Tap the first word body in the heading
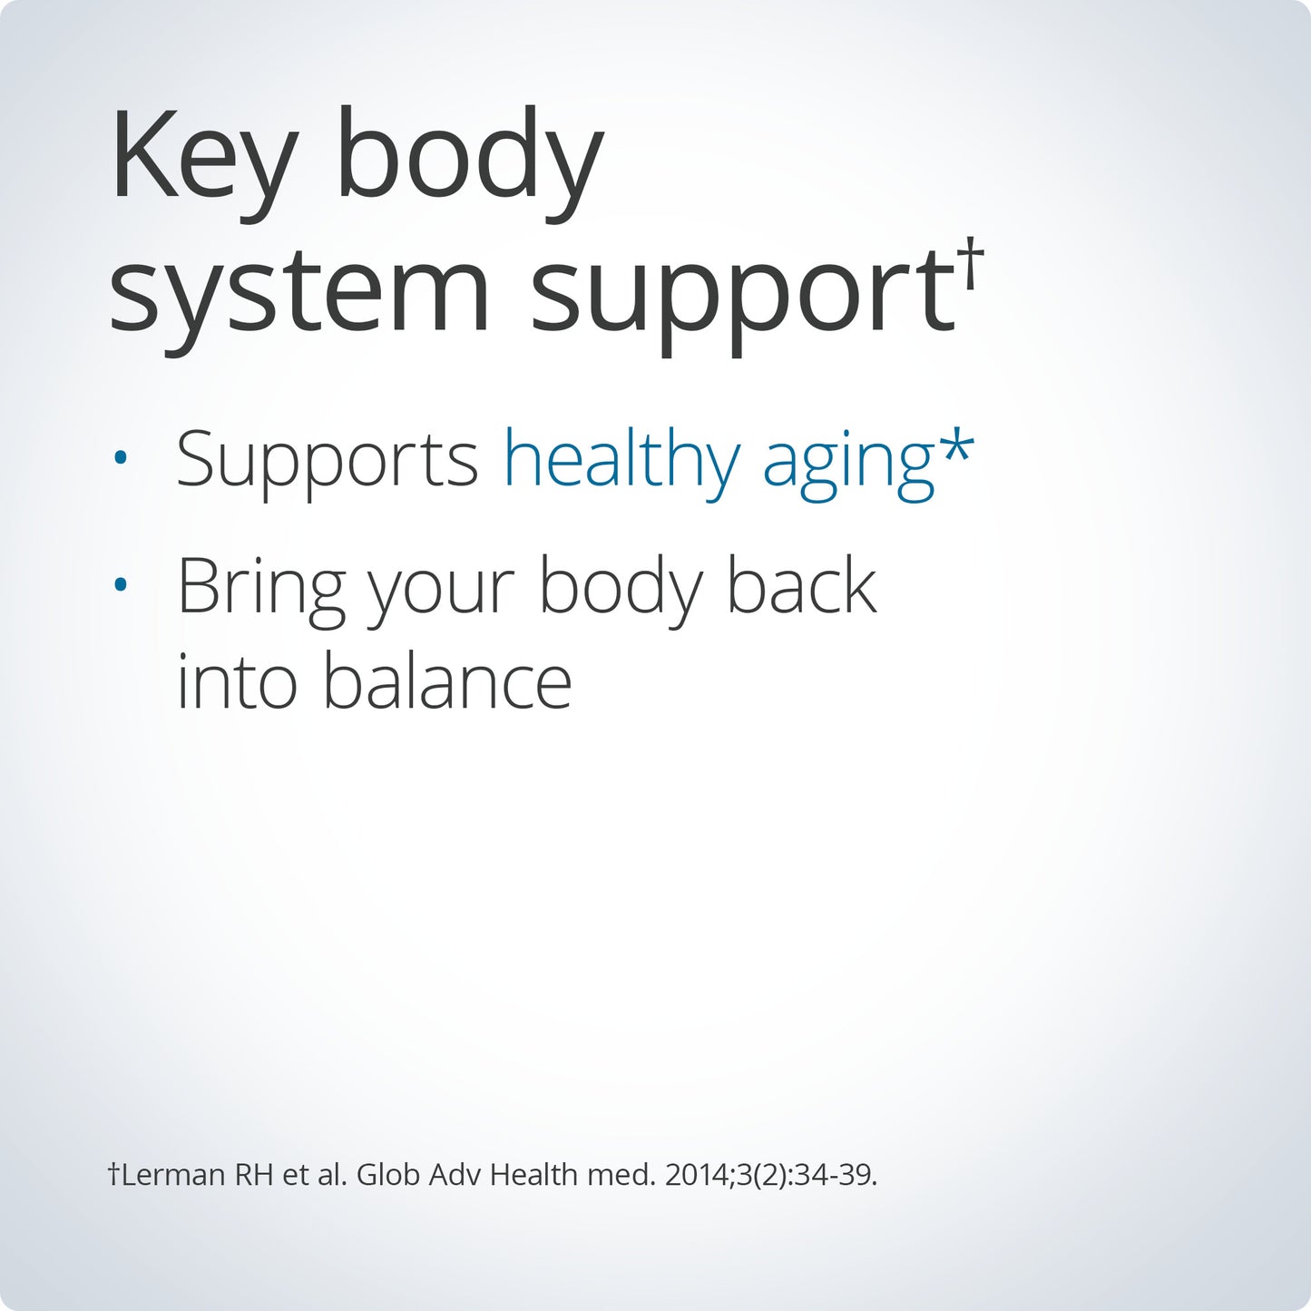[x=469, y=162]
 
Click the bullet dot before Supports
[x=121, y=458]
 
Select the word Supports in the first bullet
[x=328, y=460]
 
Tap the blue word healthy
[x=621, y=458]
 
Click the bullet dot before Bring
[x=121, y=583]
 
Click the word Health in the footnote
[x=533, y=1174]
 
